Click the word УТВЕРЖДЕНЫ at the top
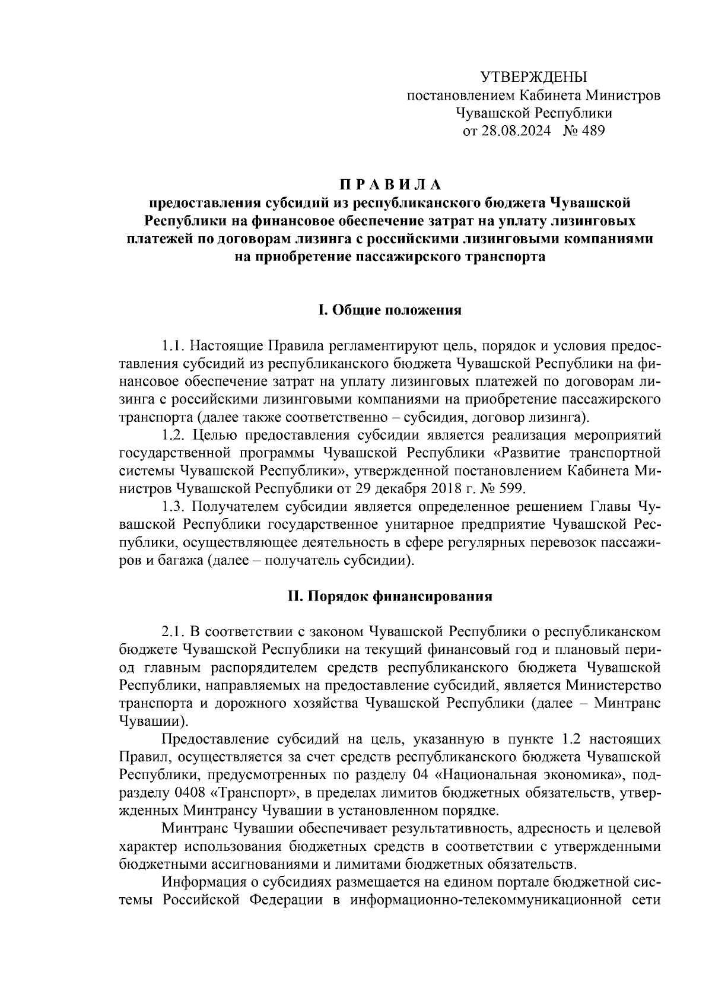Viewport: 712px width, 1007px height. pos(532,77)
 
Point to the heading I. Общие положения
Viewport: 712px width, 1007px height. pos(390,310)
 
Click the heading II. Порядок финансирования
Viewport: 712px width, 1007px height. pos(390,596)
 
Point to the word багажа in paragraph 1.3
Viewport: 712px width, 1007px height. pos(176,561)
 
